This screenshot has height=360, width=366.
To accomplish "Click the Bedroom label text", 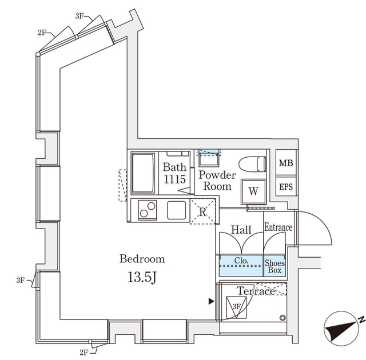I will point(142,258).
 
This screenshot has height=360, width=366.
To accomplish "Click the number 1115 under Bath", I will point(174,179).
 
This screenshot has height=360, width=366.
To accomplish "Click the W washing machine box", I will point(253,191).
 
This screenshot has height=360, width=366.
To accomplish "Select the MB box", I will point(285,163).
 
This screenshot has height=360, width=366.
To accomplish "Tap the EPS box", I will point(285,187).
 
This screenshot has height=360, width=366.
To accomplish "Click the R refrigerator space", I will point(203,211).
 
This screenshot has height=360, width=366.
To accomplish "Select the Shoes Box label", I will point(274,266).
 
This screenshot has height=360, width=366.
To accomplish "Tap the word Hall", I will point(241,230).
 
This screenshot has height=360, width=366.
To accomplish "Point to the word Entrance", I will point(278,227).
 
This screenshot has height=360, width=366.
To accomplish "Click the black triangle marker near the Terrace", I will point(212,301).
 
